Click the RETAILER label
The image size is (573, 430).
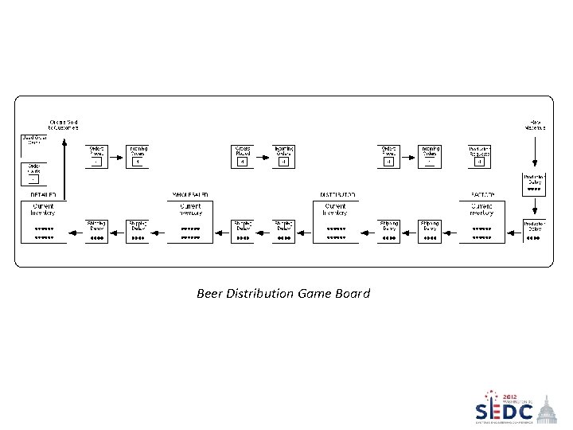coord(43,194)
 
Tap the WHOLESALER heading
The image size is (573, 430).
coord(190,194)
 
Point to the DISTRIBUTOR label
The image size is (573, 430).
coord(337,194)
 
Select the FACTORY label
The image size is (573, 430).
coord(482,194)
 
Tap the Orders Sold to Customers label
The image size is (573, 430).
coord(63,124)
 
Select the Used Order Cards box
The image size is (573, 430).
coord(33,145)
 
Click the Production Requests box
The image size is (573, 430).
coord(479,156)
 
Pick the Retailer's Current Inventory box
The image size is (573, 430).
coord(43,221)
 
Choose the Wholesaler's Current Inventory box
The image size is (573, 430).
coord(190,221)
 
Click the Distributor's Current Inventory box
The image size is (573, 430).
coord(337,221)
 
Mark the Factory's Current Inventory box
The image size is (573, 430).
coord(482,221)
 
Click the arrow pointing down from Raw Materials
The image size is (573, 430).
coord(534,151)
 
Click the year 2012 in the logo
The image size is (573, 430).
coord(509,397)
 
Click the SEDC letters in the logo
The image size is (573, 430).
coord(504,412)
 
